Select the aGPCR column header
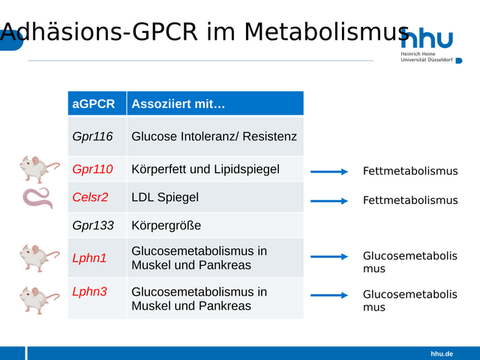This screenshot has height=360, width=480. tap(93, 103)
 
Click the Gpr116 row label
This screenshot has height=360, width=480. tap(92, 136)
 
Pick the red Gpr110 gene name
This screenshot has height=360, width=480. tap(92, 169)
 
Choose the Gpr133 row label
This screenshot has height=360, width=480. tap(93, 226)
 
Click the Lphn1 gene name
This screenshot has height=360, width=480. tap(89, 258)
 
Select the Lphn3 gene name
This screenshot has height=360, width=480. tap(89, 292)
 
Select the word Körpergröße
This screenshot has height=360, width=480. tap(166, 226)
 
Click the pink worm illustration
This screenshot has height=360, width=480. tap(38, 198)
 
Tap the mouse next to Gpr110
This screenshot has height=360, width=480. tap(39, 169)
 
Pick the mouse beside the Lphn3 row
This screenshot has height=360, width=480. tap(39, 300)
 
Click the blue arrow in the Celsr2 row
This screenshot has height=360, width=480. tap(329, 201)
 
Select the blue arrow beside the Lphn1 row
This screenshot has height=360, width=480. tap(329, 256)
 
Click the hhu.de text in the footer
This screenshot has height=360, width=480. tap(442, 354)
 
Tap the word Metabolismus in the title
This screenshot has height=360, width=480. tap(327, 31)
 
